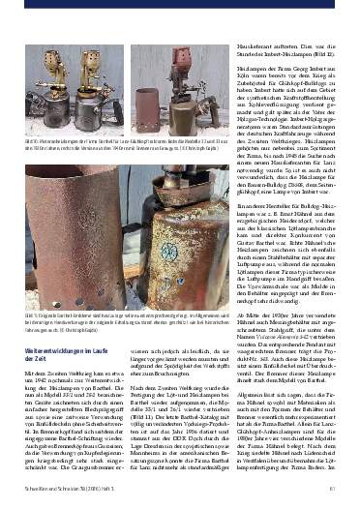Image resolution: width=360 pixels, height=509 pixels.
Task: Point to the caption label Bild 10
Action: click(36, 141)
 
